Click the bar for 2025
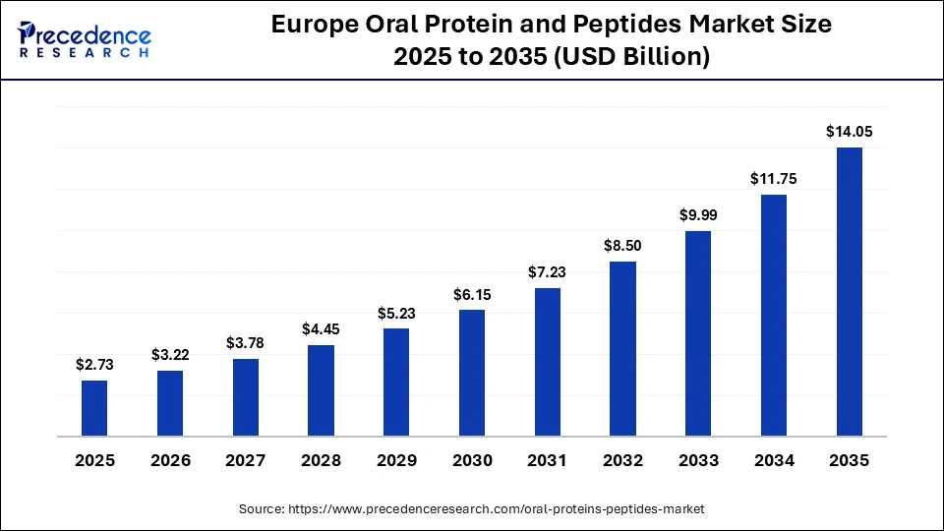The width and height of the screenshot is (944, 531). (x=94, y=408)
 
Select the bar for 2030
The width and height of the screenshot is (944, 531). (x=472, y=373)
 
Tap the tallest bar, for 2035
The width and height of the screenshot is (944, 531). (x=849, y=291)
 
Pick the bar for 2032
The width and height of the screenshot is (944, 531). (x=622, y=349)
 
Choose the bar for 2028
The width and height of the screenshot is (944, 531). (x=321, y=390)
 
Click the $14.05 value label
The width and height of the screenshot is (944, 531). (x=849, y=131)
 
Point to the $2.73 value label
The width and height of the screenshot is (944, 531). (x=94, y=364)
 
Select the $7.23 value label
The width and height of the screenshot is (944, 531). (x=548, y=271)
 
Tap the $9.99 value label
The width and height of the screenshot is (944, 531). (x=698, y=214)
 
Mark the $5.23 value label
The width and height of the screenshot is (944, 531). (x=396, y=312)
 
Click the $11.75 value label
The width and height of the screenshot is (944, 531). (x=774, y=178)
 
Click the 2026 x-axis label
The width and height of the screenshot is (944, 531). (x=170, y=460)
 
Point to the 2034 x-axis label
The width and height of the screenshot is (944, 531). (x=774, y=460)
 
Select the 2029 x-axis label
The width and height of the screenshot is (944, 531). (x=396, y=460)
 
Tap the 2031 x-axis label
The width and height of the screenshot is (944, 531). (x=548, y=460)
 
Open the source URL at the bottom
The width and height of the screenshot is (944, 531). (x=472, y=508)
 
